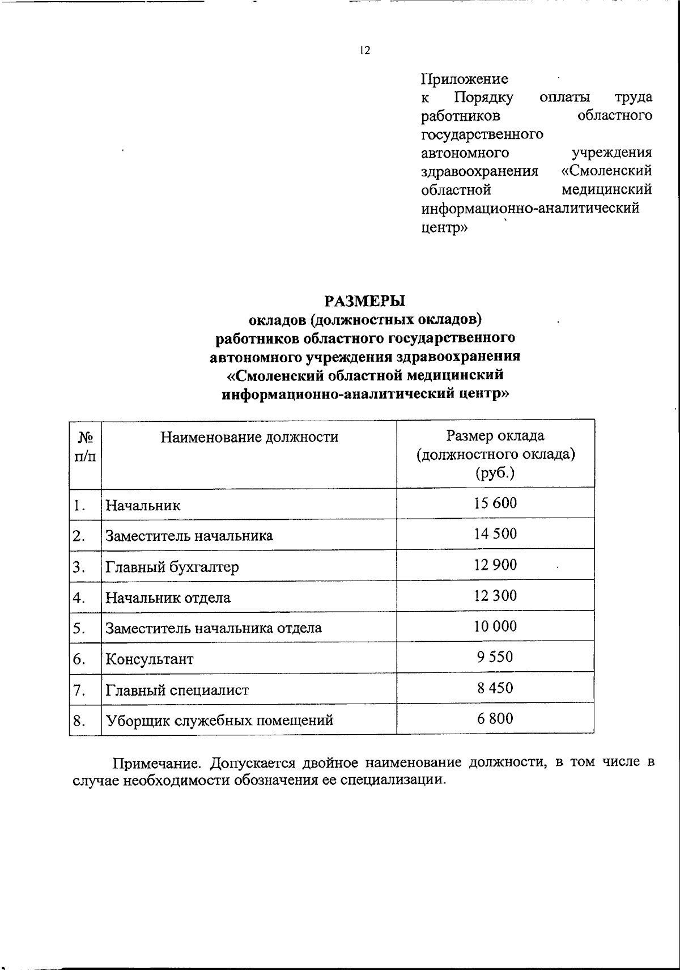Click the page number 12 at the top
pos(365,51)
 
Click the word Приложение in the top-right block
pos(464,79)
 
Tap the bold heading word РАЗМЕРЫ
pos(365,300)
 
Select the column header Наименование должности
pos(249,437)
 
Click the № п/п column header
pos(85,447)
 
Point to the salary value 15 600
pos(495,503)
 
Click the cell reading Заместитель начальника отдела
pos(214,628)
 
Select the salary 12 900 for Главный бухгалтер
pos(495,565)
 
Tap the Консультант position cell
pos(150,659)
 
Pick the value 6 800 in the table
pos(495,719)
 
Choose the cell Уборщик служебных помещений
pos(219,721)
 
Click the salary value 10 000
pos(495,626)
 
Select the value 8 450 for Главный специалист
pos(495,688)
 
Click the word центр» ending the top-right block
pos(444,227)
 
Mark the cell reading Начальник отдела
pos(168,598)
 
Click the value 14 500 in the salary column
pos(495,534)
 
